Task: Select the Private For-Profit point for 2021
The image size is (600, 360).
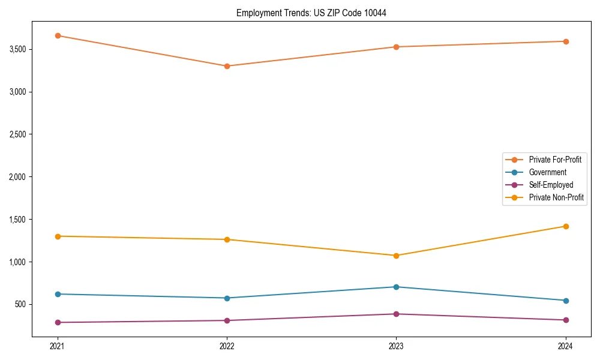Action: (58, 36)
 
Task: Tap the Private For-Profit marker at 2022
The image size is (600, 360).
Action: (227, 66)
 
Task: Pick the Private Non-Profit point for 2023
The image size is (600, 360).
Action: (396, 256)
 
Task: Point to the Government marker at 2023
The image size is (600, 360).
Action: (396, 287)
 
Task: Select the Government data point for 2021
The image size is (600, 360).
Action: (58, 294)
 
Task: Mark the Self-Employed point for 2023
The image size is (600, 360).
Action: (396, 314)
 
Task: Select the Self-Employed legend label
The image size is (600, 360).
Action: (551, 185)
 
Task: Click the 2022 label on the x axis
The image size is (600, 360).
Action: (227, 346)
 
